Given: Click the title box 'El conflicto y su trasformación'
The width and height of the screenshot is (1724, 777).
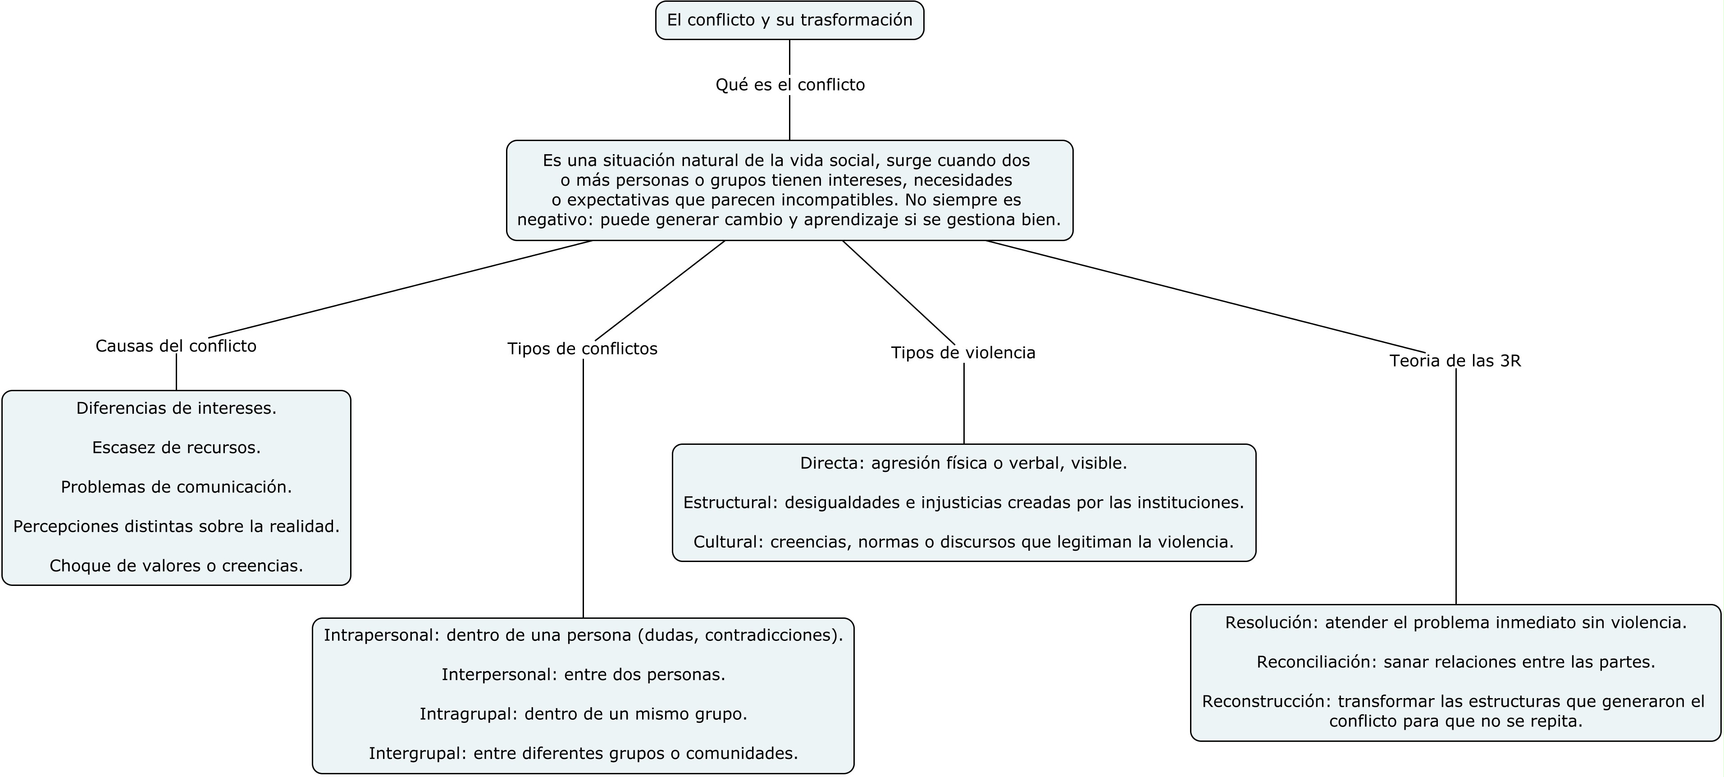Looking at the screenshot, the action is [790, 20].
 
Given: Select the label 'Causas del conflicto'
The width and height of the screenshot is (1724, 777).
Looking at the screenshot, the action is [176, 346].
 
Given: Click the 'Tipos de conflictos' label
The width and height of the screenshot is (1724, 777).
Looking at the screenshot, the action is [582, 349].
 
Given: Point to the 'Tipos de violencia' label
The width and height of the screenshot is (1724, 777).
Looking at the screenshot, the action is [963, 353].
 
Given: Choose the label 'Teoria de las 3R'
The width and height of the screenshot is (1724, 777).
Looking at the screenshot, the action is [1455, 361].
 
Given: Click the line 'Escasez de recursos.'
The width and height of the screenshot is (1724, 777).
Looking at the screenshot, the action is [177, 448].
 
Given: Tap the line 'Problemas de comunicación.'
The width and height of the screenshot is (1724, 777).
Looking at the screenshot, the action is [177, 487].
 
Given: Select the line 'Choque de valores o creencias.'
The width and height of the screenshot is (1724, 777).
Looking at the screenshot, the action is [177, 566].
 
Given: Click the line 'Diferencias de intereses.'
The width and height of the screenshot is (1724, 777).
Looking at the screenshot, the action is [177, 408].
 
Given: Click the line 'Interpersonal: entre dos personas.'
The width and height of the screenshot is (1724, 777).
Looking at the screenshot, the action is [584, 675].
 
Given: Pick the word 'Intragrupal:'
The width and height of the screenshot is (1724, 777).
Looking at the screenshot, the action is [469, 714].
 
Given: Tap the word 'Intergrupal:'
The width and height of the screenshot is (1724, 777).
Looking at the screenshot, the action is [418, 754].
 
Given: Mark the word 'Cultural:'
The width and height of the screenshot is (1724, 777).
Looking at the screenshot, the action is [728, 542].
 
